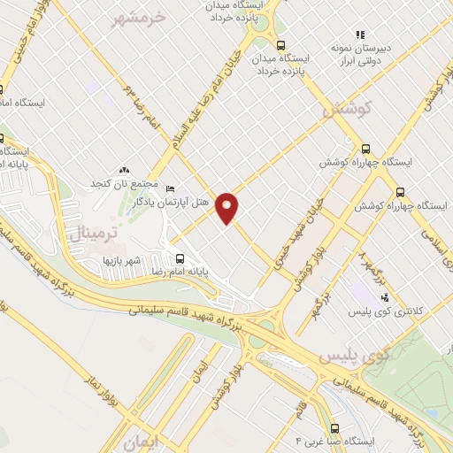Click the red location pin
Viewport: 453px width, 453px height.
point(228,207)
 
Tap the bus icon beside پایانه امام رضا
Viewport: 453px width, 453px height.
point(180,258)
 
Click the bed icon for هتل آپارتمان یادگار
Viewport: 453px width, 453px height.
point(171,188)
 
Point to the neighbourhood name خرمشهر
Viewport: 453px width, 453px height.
point(141,17)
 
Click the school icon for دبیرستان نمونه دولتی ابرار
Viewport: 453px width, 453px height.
point(358,34)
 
